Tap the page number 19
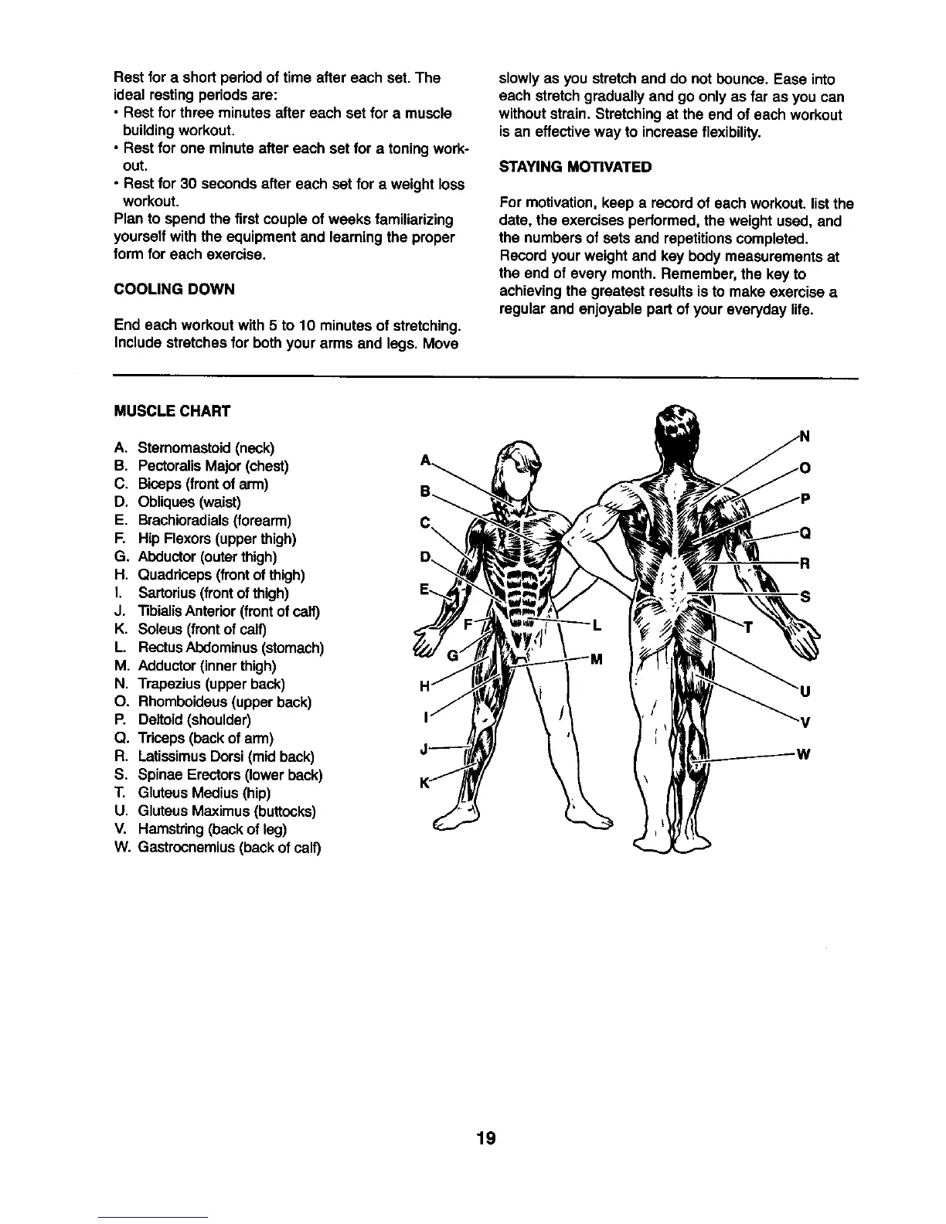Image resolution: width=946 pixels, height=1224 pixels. pos(486,1138)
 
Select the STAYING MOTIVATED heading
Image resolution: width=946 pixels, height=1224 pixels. pos(575,167)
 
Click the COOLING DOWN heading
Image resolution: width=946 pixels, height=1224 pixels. pos(174,289)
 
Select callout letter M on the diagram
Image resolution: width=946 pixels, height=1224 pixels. pos(596,659)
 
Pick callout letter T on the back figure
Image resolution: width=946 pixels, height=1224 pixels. pos(747,627)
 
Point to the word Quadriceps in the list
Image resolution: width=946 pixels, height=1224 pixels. pos(175,575)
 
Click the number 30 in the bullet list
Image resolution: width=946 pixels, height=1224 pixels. pos(190,185)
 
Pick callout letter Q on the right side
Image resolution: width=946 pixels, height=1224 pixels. pos(805,532)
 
